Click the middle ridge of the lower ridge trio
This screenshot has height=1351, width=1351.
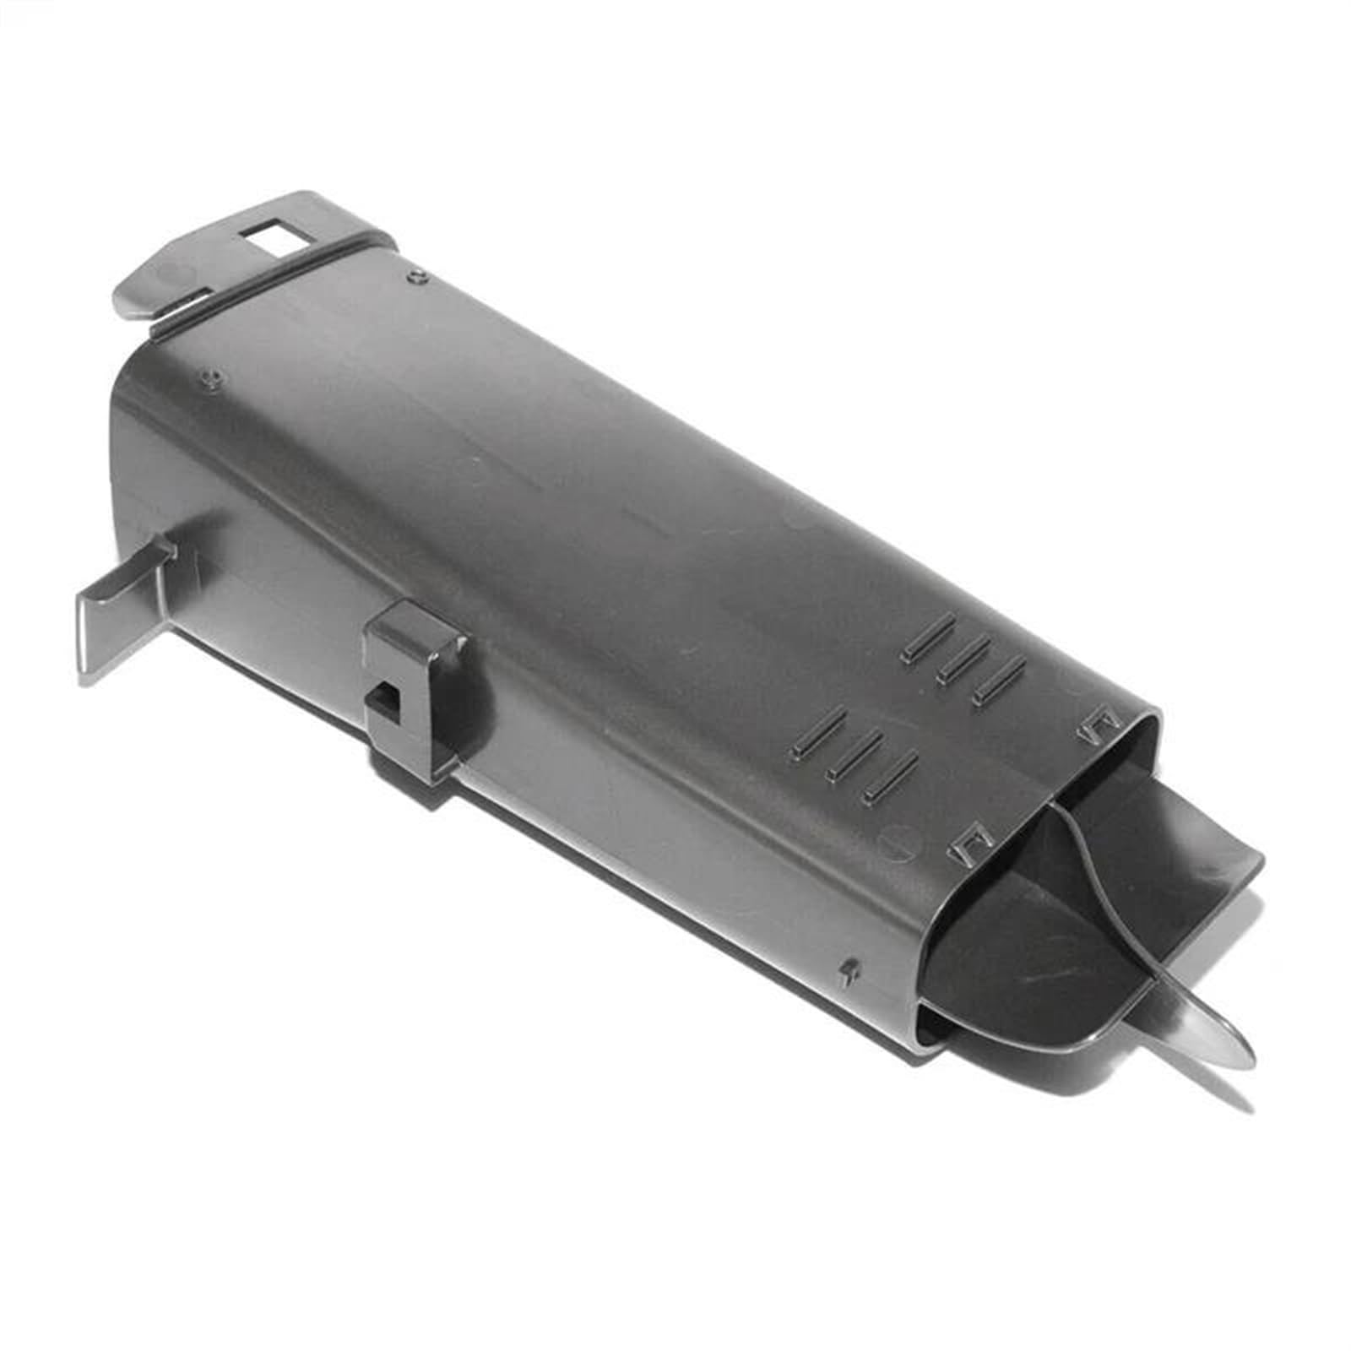855,753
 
